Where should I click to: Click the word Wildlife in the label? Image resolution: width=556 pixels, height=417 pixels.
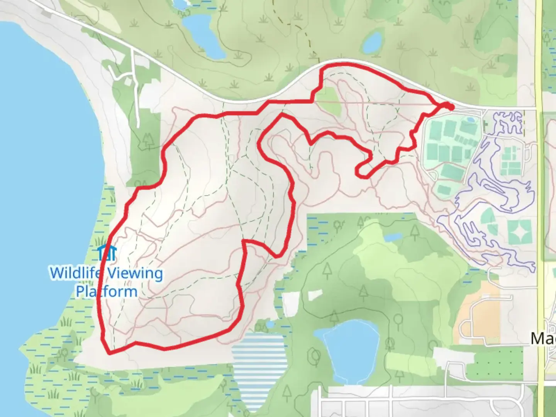pyautogui.click(x=76, y=273)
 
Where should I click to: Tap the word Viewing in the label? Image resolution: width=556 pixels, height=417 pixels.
pyautogui.click(x=134, y=273)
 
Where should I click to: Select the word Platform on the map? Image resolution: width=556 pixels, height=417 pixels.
pyautogui.click(x=106, y=291)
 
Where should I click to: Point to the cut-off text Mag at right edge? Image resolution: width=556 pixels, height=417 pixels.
pyautogui.click(x=543, y=339)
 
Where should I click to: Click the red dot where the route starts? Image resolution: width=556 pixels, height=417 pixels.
pyautogui.click(x=449, y=106)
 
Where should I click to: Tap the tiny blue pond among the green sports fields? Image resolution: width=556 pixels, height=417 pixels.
pyautogui.click(x=470, y=120)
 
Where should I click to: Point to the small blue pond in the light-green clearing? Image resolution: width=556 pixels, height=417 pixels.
pyautogui.click(x=393, y=237)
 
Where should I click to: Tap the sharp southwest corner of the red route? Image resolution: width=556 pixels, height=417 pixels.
pyautogui.click(x=110, y=352)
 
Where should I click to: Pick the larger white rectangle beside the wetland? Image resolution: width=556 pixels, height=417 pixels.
pyautogui.click(x=291, y=304)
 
